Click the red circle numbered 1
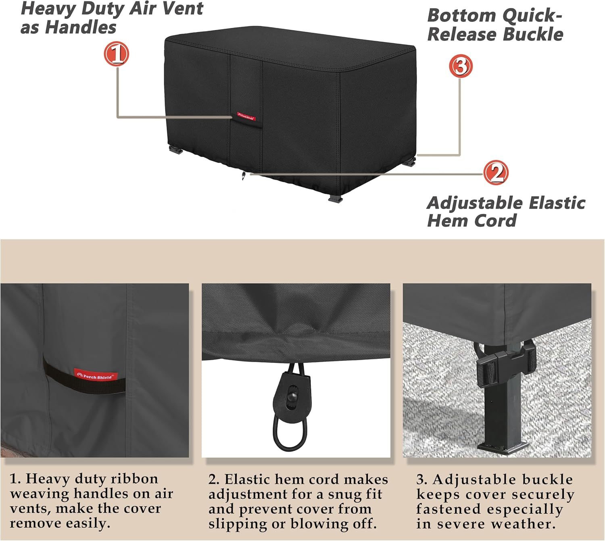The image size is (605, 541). coord(117,54)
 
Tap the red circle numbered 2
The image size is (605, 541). coord(496,172)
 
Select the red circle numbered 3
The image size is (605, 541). coord(461,66)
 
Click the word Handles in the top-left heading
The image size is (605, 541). coord(80,27)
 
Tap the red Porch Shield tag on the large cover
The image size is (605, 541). coord(246,116)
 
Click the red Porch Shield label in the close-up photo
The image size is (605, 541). coord(96,375)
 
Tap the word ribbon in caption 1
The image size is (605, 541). coord(134,479)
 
